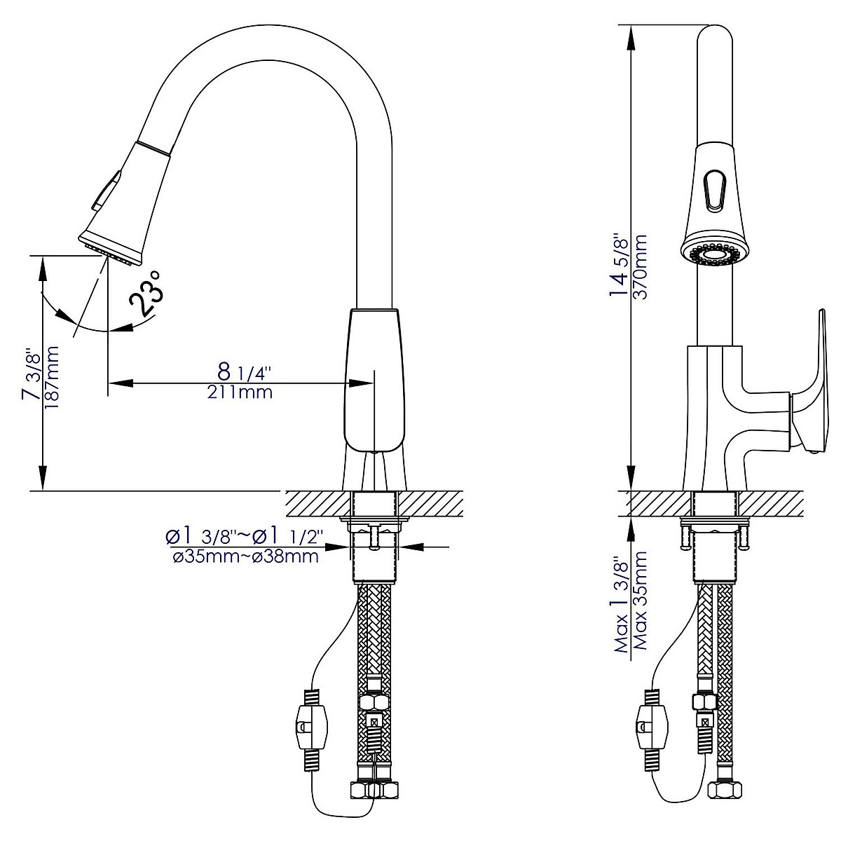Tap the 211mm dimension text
coord(240,392)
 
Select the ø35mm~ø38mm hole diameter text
coord(242,558)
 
